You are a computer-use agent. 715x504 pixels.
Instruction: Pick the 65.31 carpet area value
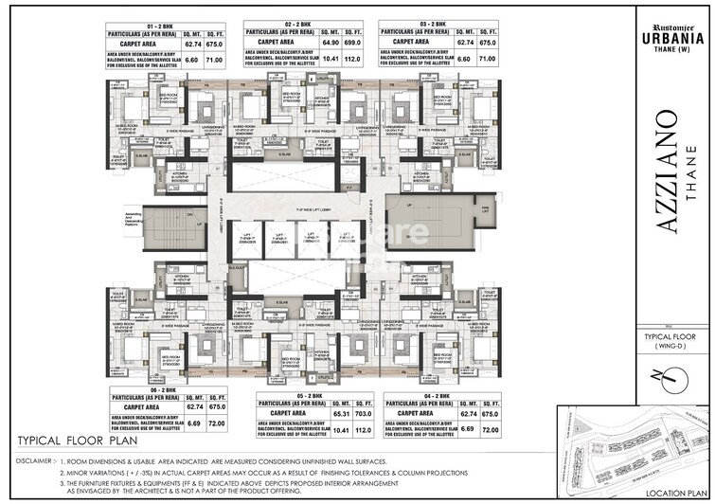point(317,415)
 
